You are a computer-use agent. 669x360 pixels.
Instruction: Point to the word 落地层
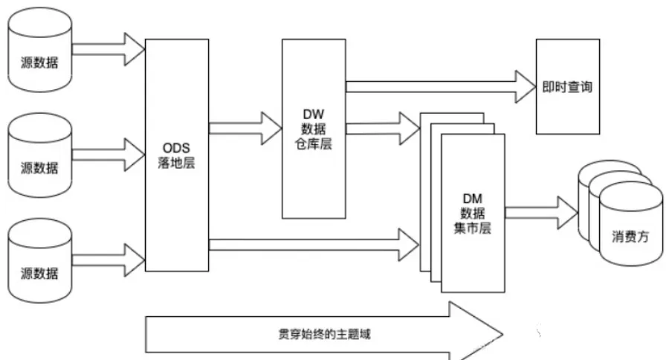coord(177,162)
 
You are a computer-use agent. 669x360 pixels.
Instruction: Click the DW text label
coord(313,115)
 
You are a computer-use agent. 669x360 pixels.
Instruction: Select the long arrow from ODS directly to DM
coord(312,243)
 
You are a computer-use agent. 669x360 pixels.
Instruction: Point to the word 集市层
coord(474,230)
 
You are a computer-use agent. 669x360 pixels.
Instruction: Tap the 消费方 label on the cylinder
coord(630,238)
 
